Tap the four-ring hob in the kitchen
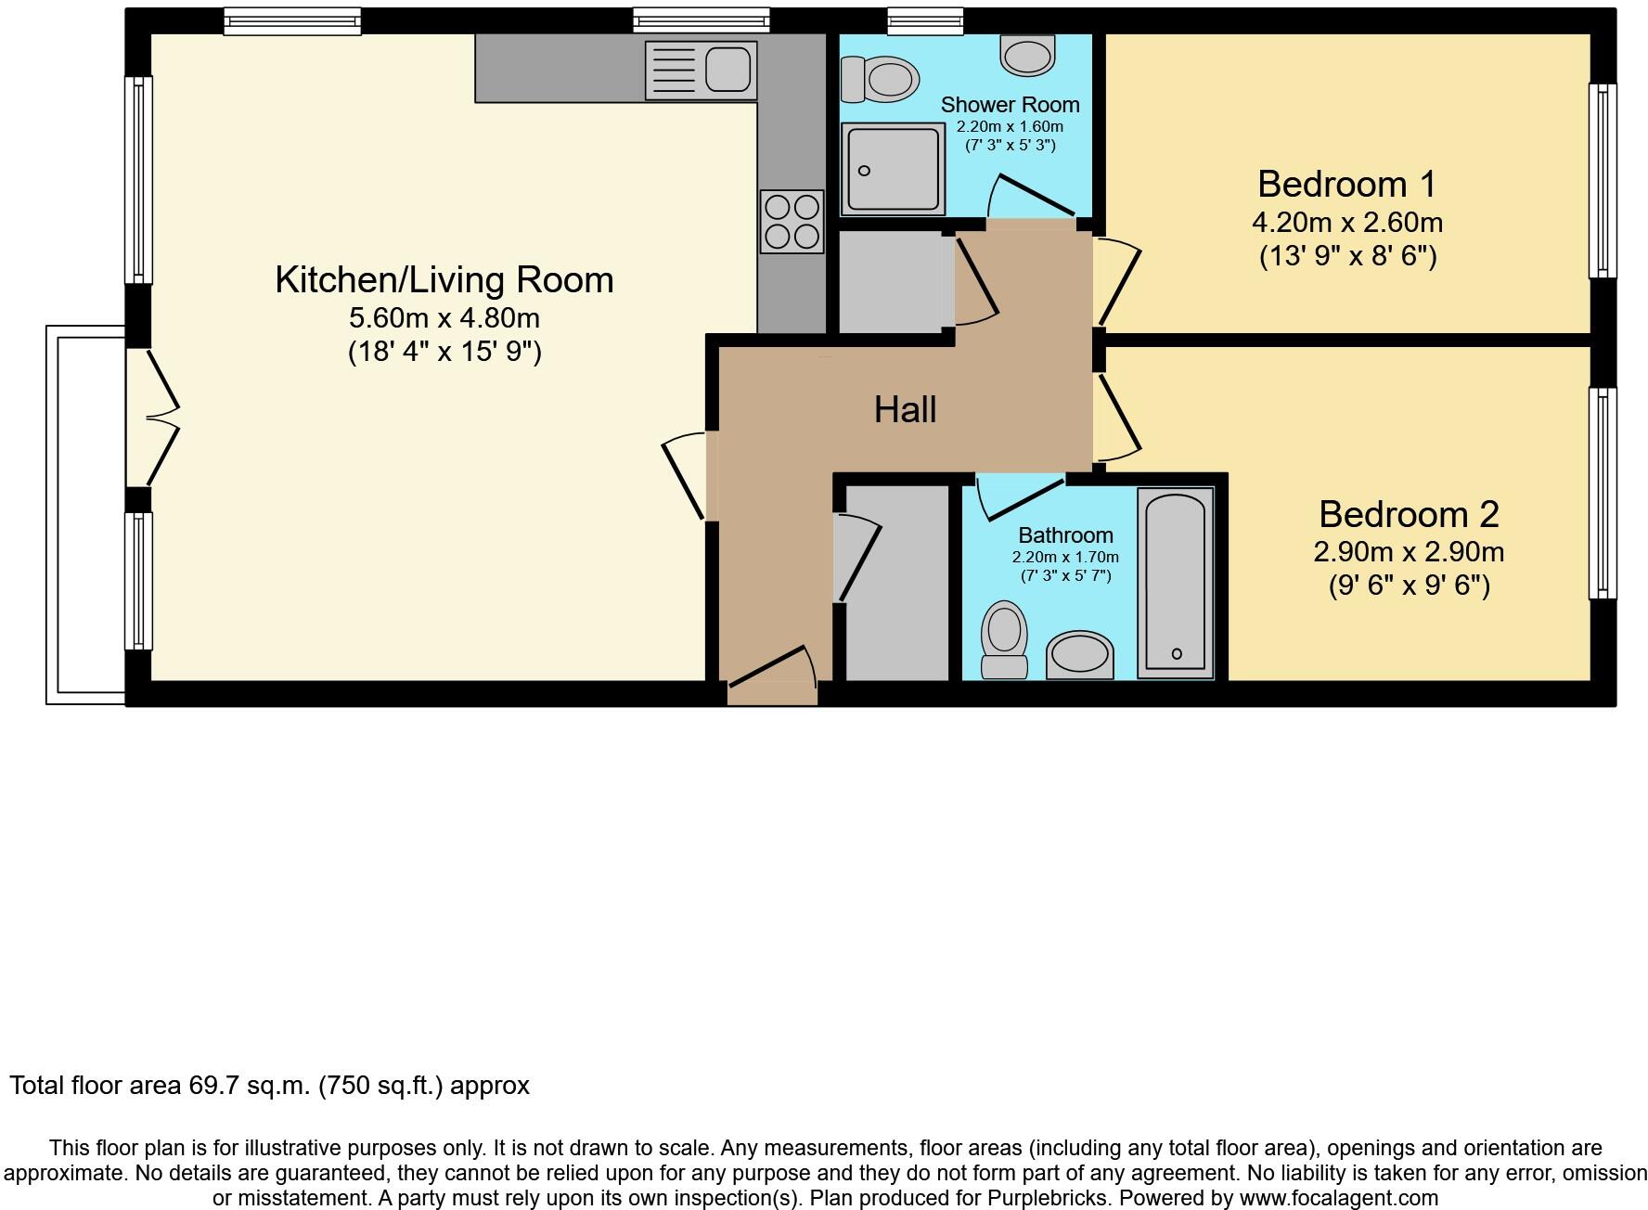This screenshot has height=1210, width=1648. point(792,221)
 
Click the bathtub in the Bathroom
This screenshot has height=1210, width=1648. point(1176,583)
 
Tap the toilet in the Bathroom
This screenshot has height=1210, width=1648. point(1004,638)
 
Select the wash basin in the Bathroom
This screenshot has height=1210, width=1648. point(1079,655)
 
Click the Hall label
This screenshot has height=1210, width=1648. point(905,409)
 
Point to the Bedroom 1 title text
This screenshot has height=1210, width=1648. point(1346,184)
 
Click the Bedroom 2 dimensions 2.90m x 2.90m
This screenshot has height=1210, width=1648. point(1408,552)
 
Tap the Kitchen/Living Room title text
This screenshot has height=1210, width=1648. point(444,279)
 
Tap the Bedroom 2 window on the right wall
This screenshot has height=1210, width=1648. point(1603,493)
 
